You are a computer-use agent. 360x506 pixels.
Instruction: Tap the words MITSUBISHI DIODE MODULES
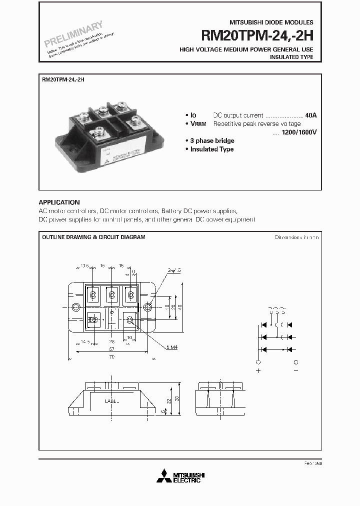(x=271, y=22)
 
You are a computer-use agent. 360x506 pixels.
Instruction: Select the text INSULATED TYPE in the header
(x=291, y=57)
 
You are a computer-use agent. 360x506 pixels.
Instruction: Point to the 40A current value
(x=311, y=115)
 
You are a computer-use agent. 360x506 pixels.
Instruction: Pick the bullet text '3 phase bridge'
(x=212, y=141)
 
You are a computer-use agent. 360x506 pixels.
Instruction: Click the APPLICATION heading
(x=59, y=202)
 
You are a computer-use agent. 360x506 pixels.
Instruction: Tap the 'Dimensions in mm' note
(x=296, y=237)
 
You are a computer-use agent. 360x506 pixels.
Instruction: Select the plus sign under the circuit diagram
(x=258, y=371)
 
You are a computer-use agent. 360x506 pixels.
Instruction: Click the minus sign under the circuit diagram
(x=296, y=371)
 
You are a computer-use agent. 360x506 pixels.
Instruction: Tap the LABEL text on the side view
(x=112, y=400)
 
